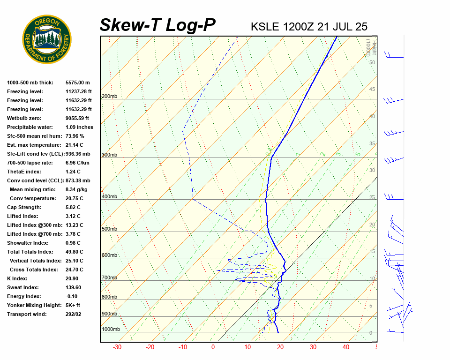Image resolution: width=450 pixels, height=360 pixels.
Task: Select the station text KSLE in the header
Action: click(265, 27)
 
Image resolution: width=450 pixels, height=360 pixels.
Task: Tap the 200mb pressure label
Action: click(109, 97)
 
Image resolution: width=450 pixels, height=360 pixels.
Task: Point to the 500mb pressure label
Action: click(109, 229)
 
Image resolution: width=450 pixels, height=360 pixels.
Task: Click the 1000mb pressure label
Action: click(111, 330)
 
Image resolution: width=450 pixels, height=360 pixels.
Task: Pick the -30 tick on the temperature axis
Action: click(117, 347)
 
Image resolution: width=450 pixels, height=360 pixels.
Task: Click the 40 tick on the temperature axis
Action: click(346, 347)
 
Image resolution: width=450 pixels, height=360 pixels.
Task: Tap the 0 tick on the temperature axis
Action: click(213, 347)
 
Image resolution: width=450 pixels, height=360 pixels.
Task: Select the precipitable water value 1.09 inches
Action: click(79, 127)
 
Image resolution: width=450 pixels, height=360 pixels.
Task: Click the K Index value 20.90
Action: click(73, 278)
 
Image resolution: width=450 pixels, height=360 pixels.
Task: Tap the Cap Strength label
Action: click(24, 207)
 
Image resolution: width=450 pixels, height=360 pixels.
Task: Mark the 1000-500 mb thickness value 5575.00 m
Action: click(78, 82)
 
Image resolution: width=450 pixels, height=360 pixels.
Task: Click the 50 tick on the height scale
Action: click(372, 62)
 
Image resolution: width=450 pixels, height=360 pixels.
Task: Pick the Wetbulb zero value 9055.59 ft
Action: click(77, 118)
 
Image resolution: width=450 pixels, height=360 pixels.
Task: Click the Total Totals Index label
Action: click(30, 252)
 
